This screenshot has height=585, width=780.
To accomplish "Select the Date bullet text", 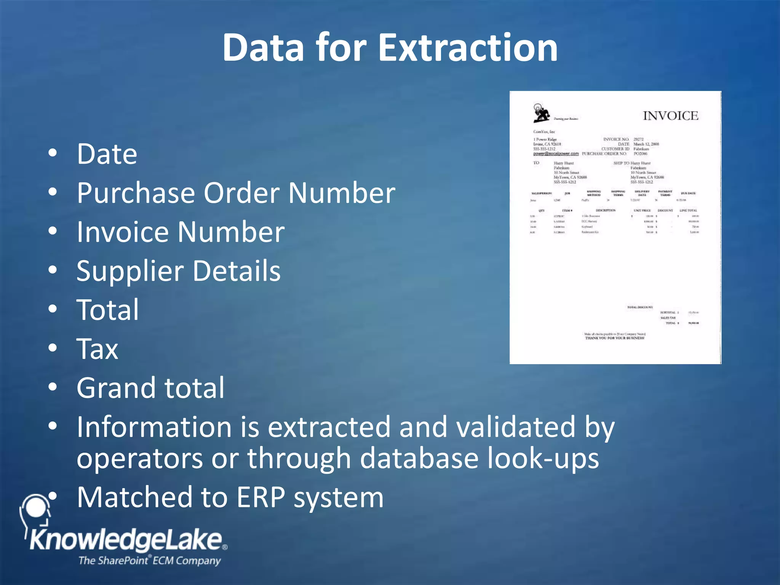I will [x=107, y=154].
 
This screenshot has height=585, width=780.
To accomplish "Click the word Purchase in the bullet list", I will [x=136, y=193].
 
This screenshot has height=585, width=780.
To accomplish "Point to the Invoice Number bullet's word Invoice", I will [x=122, y=232].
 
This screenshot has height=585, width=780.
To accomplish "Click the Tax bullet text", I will [x=97, y=349].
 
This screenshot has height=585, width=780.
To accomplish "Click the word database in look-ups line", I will [x=419, y=458].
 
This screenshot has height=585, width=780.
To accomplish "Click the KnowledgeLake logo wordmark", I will [x=126, y=540].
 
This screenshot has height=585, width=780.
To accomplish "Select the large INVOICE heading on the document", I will [x=670, y=116].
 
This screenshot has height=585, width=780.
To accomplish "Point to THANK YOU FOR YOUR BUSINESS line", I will [x=615, y=338].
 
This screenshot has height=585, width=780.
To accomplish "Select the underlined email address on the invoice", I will [x=556, y=154].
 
